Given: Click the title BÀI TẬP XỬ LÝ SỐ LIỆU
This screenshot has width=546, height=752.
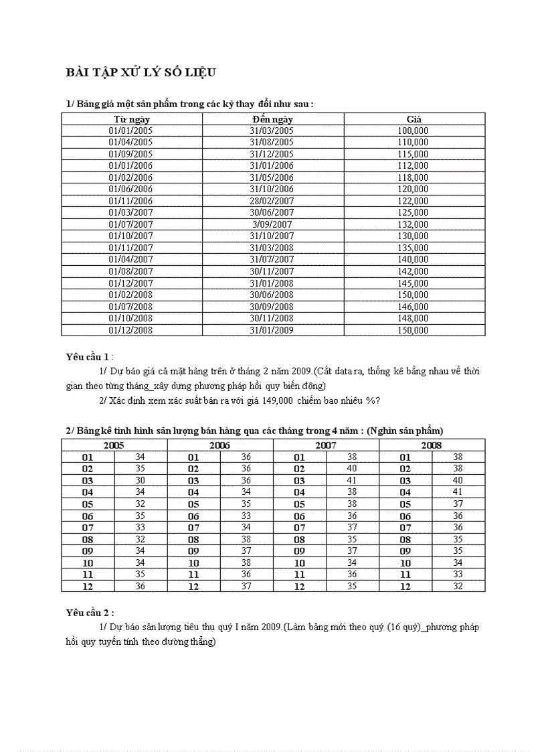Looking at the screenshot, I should (x=140, y=72).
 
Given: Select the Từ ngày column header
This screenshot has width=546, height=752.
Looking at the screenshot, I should (x=131, y=119).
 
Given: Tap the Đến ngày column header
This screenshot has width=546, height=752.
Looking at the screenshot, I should (x=272, y=119).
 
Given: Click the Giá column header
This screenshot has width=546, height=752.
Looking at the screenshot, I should (x=414, y=119).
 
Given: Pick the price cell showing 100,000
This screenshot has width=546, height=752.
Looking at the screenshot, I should (x=413, y=131).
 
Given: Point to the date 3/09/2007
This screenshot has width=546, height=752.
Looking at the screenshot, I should (x=272, y=224).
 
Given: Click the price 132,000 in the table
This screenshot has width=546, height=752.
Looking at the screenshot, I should (x=413, y=224).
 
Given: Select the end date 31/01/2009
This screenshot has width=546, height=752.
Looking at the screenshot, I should (x=272, y=330).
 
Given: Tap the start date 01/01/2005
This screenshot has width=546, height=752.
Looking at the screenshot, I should (x=131, y=131).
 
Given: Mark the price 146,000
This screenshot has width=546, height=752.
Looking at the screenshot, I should (x=413, y=307).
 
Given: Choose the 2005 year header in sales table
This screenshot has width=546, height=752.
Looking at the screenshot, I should (x=114, y=445).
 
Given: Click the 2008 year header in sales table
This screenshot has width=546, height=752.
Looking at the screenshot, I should (x=432, y=445).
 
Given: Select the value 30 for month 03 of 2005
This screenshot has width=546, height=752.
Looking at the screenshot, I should (x=140, y=480).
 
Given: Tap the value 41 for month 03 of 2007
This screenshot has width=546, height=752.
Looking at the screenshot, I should (x=352, y=480).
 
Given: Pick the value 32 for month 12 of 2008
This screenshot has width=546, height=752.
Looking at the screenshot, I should (x=458, y=586).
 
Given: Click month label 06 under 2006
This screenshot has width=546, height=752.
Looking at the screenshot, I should (x=193, y=516).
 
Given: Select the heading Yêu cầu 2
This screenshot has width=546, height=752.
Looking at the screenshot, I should (x=90, y=612).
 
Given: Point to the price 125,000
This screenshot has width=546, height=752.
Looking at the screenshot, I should (x=413, y=212).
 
